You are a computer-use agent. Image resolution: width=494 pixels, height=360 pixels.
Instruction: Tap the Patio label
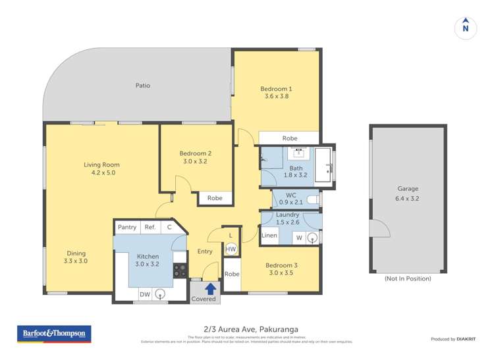click(x=143, y=86)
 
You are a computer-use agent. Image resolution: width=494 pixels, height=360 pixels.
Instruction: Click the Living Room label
click(x=101, y=165)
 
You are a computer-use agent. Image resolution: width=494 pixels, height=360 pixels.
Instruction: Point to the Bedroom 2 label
click(x=196, y=153)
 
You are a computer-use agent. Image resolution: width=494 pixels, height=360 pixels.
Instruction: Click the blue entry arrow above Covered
click(x=210, y=288)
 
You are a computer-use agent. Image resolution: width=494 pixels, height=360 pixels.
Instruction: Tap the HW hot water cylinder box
click(x=231, y=249)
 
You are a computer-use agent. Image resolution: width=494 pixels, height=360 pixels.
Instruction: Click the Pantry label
click(x=126, y=227)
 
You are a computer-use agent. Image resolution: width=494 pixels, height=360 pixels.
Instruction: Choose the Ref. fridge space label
click(x=150, y=227)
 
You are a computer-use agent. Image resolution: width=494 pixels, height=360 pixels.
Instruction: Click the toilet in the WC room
click(x=314, y=198)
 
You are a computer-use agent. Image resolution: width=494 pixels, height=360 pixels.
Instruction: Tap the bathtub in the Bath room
click(x=323, y=165)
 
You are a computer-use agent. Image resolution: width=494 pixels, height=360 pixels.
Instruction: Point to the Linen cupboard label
click(x=269, y=236)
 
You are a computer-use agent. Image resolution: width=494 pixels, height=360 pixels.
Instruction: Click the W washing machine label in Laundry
click(x=298, y=237)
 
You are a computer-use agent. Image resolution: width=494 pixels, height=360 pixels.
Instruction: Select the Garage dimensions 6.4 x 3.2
click(x=408, y=197)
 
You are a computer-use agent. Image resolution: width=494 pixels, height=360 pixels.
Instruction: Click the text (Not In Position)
click(x=408, y=278)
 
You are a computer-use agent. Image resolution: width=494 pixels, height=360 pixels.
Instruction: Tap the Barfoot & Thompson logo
click(x=54, y=334)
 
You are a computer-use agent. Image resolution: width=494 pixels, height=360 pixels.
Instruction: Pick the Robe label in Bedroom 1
click(x=289, y=138)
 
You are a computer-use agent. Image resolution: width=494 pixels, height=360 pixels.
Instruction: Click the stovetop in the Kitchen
click(x=180, y=270)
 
